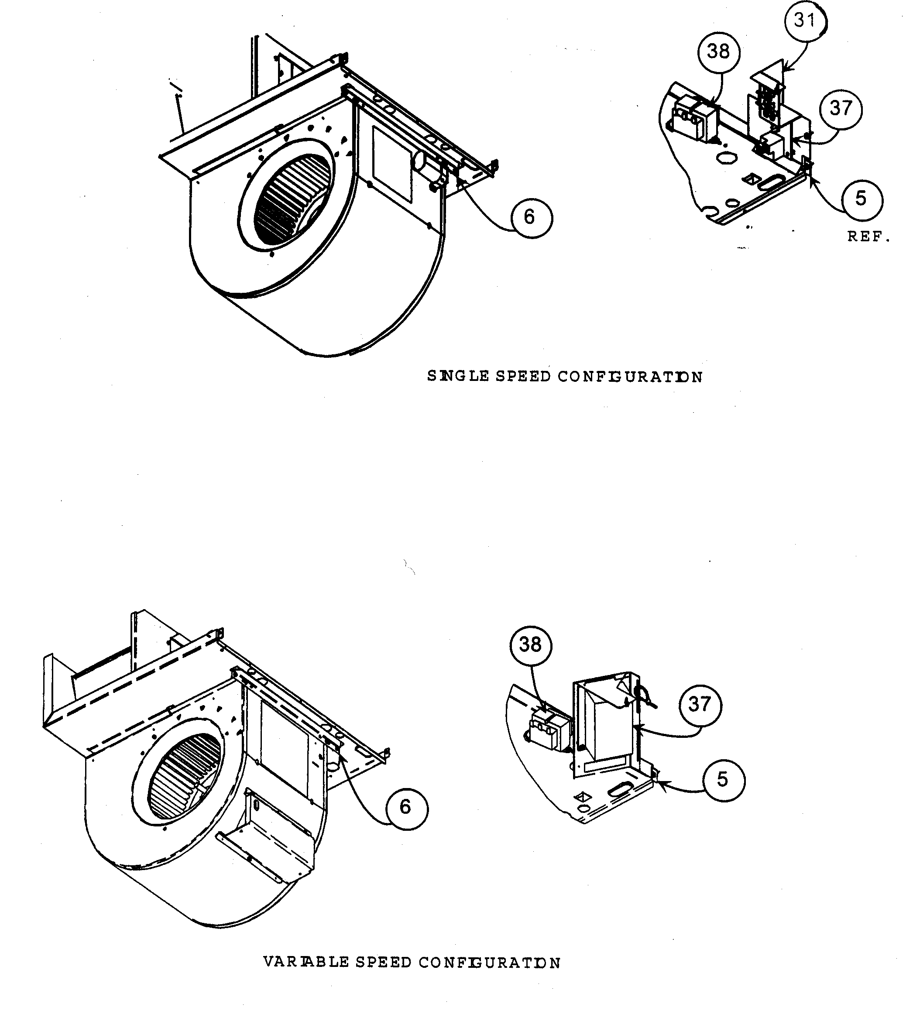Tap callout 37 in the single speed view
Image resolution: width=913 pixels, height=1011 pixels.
[x=841, y=108]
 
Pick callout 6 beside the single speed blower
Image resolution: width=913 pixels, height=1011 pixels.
[x=530, y=217]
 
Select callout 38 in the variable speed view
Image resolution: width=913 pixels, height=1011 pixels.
[x=530, y=645]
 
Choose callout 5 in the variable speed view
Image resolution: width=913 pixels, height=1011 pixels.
[x=723, y=780]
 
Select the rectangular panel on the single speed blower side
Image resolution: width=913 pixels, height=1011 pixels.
[x=392, y=164]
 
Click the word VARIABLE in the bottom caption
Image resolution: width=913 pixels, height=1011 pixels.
[x=305, y=963]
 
